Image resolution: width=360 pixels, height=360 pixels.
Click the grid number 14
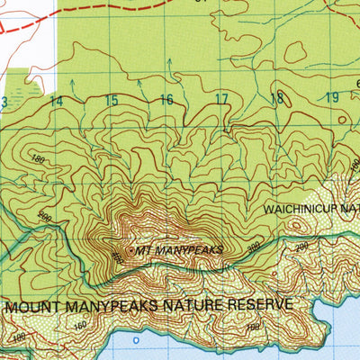pos(57,101)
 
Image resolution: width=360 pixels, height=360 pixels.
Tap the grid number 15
pos(112,101)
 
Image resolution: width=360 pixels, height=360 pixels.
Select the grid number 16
pos(166,100)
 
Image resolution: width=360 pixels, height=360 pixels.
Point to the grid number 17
pos(222,100)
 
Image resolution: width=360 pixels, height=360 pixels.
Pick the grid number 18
pos(277,99)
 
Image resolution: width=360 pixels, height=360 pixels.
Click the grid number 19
pos(332,98)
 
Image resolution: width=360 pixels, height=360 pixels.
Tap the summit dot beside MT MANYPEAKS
pos(130,249)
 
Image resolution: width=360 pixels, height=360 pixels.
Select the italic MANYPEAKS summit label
pos(188,250)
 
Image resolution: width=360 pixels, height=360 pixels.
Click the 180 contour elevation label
pos(39,159)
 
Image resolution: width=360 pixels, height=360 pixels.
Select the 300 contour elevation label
pos(253,244)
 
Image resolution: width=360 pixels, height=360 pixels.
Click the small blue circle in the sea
pos(136,342)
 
